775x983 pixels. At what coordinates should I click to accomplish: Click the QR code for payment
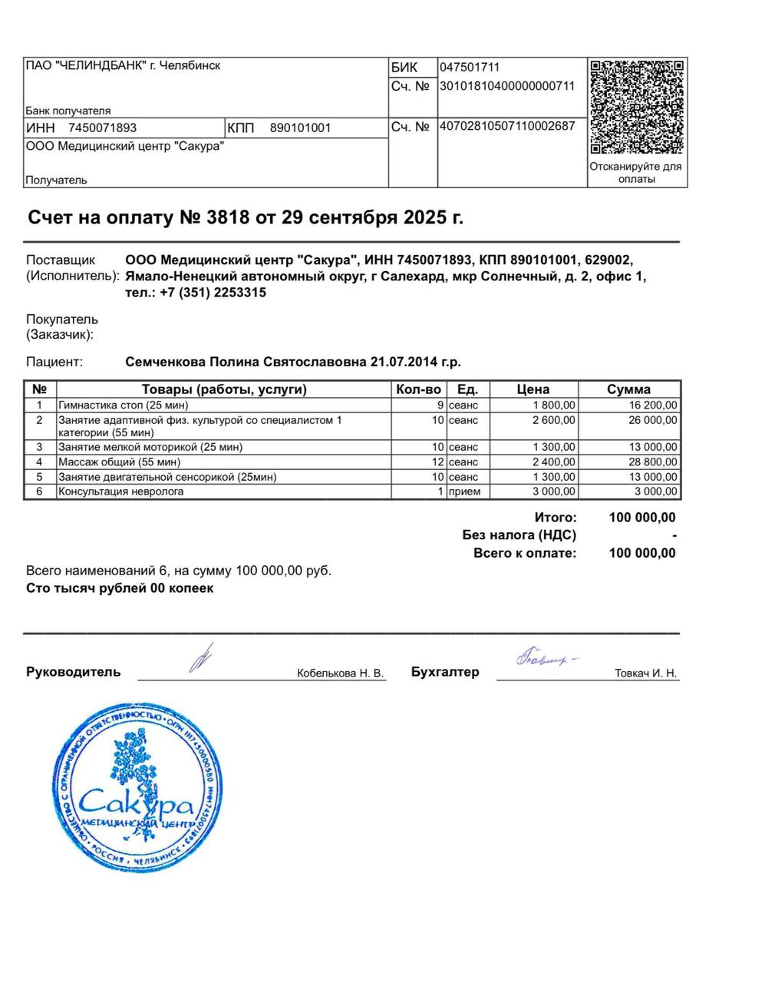click(x=637, y=107)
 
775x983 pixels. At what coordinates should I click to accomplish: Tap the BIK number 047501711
click(x=470, y=68)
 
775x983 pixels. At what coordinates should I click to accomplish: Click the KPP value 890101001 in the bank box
click(x=300, y=128)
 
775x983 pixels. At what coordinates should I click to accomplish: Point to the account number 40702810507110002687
click(x=506, y=126)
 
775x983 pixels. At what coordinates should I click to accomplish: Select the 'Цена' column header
click(x=533, y=389)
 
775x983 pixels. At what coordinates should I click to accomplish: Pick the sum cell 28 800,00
click(x=653, y=462)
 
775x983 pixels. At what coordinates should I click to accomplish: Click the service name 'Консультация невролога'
click(x=121, y=491)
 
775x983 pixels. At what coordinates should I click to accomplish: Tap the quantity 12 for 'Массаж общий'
click(x=437, y=462)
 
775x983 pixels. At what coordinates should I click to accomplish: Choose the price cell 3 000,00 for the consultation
click(x=553, y=491)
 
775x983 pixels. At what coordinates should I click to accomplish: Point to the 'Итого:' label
click(x=556, y=518)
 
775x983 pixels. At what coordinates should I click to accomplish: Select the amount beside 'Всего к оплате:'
click(x=642, y=553)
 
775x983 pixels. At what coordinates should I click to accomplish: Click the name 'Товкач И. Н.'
click(x=645, y=674)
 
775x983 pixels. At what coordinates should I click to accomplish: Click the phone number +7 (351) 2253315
click(x=213, y=293)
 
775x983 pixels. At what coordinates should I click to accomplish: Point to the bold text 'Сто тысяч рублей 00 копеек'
click(x=120, y=588)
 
